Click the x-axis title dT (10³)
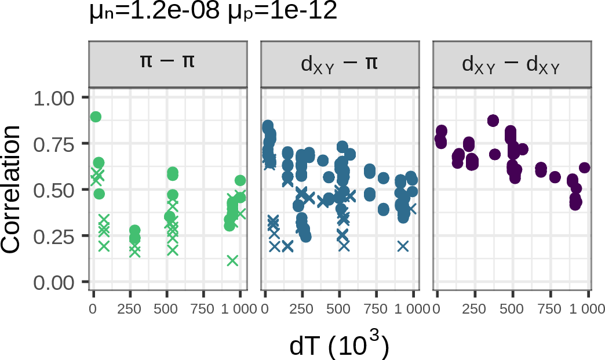click(338, 346)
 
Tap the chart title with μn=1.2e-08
click(213, 13)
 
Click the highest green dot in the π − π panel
click(96, 117)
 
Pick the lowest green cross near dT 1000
click(232, 260)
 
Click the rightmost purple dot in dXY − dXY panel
click(584, 168)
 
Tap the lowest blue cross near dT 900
click(403, 246)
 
